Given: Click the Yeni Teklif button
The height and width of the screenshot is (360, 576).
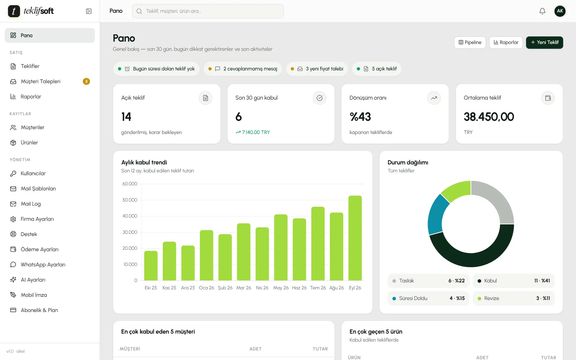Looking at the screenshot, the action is pyautogui.click(x=544, y=42).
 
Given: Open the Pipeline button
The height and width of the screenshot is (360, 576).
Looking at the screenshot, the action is pyautogui.click(x=470, y=42).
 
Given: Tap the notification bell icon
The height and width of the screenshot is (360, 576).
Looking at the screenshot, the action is pyautogui.click(x=542, y=11).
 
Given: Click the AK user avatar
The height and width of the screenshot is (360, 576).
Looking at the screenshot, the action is pyautogui.click(x=560, y=11).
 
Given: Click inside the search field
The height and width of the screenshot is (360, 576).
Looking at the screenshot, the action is pyautogui.click(x=208, y=11).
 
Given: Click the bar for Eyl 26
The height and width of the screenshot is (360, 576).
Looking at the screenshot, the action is pyautogui.click(x=355, y=238).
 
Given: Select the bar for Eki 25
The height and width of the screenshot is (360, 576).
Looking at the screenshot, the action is pyautogui.click(x=151, y=266).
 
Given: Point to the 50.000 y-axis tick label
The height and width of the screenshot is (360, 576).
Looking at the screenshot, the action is pyautogui.click(x=130, y=200).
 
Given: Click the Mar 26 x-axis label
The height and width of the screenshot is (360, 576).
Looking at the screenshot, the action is pyautogui.click(x=243, y=288).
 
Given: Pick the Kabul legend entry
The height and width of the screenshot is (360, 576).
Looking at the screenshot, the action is pyautogui.click(x=513, y=280).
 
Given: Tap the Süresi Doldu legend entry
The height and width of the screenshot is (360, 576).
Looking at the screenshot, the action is pyautogui.click(x=428, y=298).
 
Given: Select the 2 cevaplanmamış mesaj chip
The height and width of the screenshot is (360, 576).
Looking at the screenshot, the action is pyautogui.click(x=243, y=69).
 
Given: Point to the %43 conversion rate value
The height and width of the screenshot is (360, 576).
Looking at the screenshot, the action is pyautogui.click(x=360, y=117).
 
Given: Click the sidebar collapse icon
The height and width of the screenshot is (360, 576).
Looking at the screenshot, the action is pyautogui.click(x=89, y=11).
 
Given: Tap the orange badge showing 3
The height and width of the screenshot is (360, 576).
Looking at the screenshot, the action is pyautogui.click(x=86, y=81).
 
